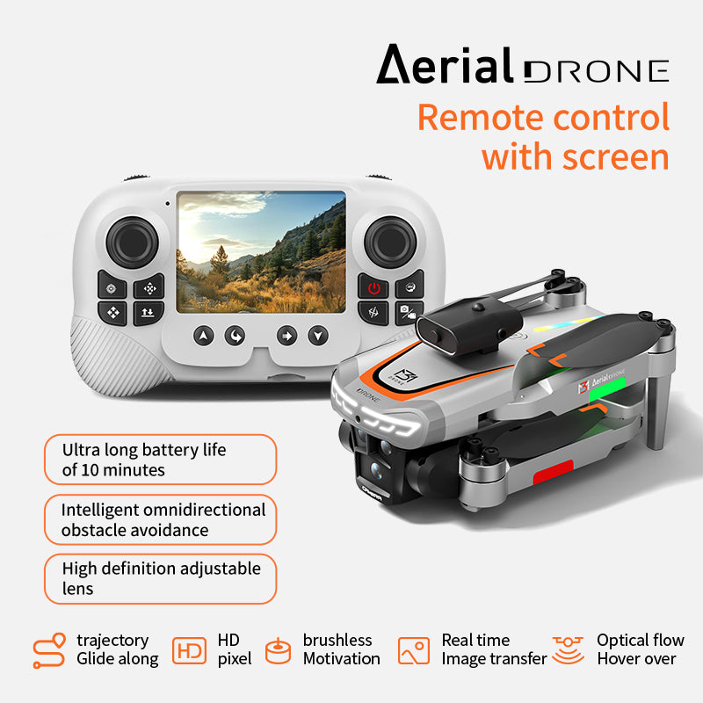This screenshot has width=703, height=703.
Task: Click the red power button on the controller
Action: click(373, 287)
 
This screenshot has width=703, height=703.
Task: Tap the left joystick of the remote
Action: click(132, 241)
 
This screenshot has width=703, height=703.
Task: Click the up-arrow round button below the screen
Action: click(204, 336)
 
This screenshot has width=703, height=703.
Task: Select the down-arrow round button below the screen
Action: click(317, 336)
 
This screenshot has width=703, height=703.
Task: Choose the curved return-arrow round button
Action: click(235, 336)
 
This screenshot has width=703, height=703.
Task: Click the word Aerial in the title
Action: click(445, 65)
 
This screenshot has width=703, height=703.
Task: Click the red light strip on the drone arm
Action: click(554, 478)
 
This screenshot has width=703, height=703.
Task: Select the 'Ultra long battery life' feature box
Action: click(160, 460)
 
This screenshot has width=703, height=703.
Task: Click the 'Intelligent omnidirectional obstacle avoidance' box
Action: click(160, 519)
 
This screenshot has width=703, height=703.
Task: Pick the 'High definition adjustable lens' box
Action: click(160, 578)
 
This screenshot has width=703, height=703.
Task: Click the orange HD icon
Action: click(189, 650)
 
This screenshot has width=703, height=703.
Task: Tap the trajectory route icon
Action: click(49, 650)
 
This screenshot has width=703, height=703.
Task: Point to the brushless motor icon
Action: click(278, 651)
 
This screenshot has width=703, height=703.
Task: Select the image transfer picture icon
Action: click(414, 650)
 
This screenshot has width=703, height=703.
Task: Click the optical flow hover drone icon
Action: click(569, 650)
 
